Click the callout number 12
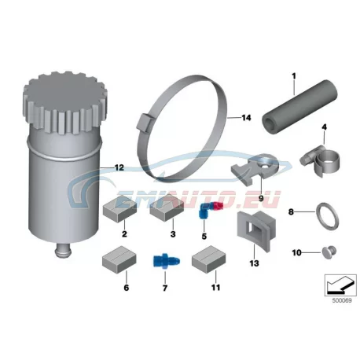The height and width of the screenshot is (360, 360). [x=119, y=167]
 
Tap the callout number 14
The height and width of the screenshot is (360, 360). [x=246, y=118]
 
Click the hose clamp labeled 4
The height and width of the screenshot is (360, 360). [x=320, y=160]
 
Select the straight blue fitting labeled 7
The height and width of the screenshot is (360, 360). [x=166, y=260]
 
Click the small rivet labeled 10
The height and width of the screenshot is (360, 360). [x=329, y=252]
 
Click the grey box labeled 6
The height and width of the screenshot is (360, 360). [x=119, y=259]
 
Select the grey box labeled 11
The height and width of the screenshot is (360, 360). [x=208, y=259]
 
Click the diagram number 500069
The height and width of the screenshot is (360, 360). [x=342, y=300]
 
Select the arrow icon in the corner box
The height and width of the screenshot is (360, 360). [x=340, y=285]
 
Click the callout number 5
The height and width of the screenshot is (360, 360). [x=204, y=236]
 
